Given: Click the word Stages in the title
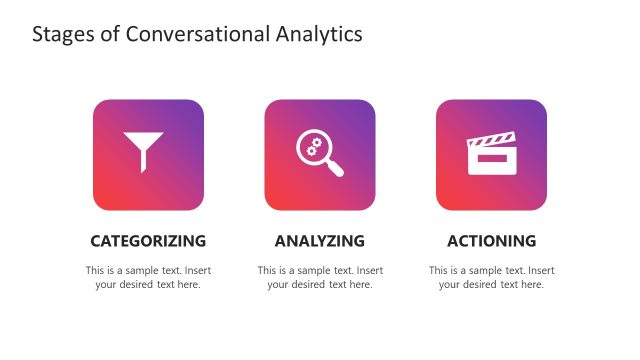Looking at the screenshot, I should [x=61, y=35].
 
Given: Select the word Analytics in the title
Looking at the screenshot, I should [x=317, y=35].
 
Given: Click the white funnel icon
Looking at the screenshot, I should [x=148, y=151].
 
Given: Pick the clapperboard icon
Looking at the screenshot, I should [x=491, y=154].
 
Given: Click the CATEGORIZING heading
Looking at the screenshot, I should [x=148, y=241].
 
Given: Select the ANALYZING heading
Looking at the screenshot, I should [x=319, y=241].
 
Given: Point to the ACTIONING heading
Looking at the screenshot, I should [x=491, y=241].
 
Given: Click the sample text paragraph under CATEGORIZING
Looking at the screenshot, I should [x=148, y=277].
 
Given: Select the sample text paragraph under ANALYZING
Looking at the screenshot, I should [x=319, y=277].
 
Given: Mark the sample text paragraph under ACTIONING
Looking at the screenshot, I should [x=491, y=277].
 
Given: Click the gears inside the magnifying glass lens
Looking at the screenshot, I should [x=313, y=147].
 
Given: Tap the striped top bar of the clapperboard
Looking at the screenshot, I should [x=491, y=140].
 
